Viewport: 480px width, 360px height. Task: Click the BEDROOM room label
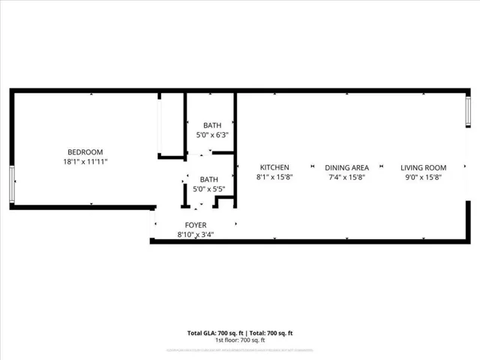85,151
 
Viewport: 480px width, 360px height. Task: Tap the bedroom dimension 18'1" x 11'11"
85,161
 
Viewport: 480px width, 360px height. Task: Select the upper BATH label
211,125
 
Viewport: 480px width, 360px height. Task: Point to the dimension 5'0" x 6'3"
211,135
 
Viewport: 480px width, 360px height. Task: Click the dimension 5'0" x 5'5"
208,190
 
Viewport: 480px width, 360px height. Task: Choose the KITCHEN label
274,167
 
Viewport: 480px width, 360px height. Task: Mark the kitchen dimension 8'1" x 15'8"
274,177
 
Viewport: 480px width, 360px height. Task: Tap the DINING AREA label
346,167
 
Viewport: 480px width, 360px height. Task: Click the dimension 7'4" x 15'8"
346,177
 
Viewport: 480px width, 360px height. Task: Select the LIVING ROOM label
423,167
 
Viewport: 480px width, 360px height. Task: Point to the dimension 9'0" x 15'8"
423,177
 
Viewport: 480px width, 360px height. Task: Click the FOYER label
196,225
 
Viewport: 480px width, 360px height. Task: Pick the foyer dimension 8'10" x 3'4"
196,235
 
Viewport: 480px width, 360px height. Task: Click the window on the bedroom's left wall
11,184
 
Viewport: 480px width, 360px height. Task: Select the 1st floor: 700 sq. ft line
240,340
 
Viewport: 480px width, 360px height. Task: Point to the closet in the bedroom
172,125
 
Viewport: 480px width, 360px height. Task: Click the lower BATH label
208,180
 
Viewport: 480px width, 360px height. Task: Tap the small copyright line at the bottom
240,349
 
